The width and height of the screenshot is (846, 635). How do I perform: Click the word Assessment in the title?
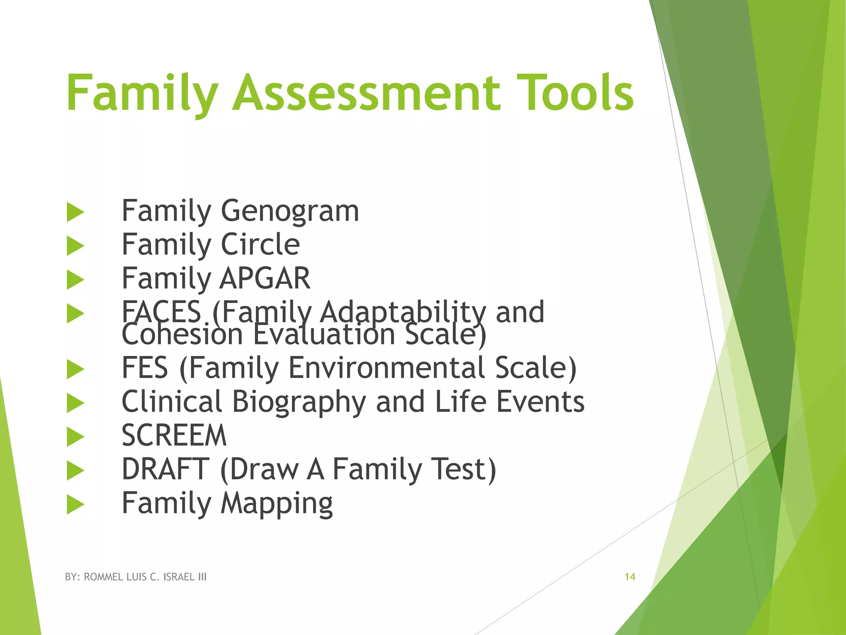click(x=366, y=93)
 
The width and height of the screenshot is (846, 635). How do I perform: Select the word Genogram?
click(x=290, y=212)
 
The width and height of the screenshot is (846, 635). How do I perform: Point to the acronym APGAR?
click(x=265, y=279)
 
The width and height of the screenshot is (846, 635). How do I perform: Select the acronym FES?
click(x=145, y=368)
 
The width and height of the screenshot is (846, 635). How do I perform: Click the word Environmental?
click(x=386, y=368)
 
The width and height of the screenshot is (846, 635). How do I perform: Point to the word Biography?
click(x=299, y=402)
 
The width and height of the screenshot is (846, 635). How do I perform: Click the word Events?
click(x=540, y=402)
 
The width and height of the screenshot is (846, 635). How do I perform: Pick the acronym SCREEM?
click(x=174, y=436)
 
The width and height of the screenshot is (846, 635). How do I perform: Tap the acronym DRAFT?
click(x=166, y=470)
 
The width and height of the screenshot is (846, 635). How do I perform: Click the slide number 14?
click(x=630, y=577)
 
